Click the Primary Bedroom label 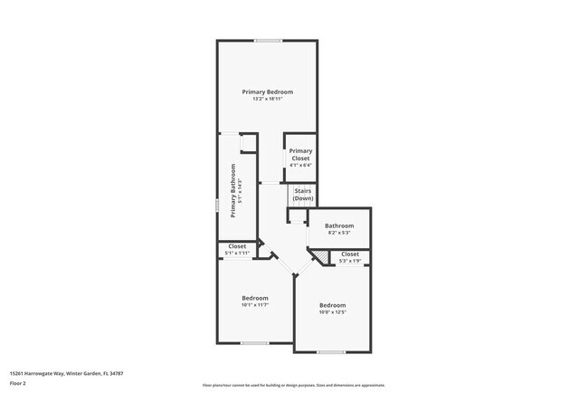(267, 91)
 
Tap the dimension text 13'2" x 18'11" (267, 99)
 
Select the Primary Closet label (300, 154)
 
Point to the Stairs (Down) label (302, 195)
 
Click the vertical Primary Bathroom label (233, 190)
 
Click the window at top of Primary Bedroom (267, 40)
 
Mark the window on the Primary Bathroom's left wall (217, 206)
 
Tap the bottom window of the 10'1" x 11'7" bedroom (254, 343)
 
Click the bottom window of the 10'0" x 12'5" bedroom (331, 351)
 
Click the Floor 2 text (18, 382)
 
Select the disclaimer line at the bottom (293, 385)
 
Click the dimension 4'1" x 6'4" (300, 165)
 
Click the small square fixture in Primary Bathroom (244, 142)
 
